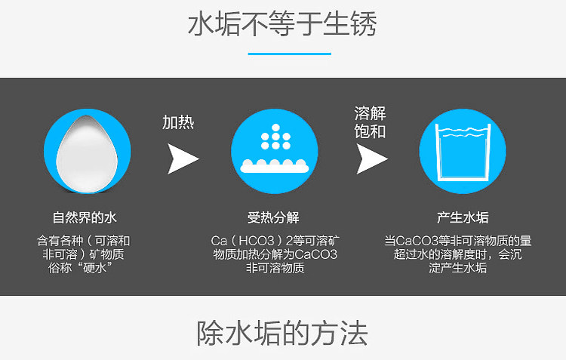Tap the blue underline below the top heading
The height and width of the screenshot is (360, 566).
point(289,54)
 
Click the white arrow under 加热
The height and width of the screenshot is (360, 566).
point(182,157)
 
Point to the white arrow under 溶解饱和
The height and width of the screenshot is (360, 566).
point(371,157)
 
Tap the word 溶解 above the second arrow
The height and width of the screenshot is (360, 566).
point(371,113)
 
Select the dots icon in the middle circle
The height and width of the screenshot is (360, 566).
point(275,138)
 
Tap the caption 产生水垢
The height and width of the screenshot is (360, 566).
point(463,217)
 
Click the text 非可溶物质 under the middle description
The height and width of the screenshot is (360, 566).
point(275,268)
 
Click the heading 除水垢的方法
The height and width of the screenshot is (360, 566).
point(282,332)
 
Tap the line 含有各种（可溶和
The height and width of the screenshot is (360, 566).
point(84,241)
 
